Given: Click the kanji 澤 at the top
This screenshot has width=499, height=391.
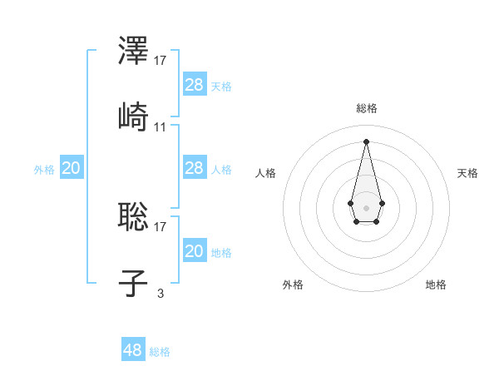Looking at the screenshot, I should point(133,52).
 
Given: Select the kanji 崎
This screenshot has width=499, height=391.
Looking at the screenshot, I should point(133,116).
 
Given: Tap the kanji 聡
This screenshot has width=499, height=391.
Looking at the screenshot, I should point(133,216).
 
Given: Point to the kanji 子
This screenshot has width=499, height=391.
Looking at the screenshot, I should point(133,283).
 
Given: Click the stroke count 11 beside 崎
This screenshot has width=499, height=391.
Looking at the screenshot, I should point(161,127).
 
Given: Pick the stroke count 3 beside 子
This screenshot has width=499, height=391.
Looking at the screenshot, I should point(161,293).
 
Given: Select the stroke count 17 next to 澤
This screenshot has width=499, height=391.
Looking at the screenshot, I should point(161,60).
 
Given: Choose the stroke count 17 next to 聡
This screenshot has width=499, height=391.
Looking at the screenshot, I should point(161,225).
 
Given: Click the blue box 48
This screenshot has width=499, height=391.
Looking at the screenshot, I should point(133,350).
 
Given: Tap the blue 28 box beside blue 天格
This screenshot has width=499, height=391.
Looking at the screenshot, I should point(195,84).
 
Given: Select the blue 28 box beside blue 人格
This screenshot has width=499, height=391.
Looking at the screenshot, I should point(195,168).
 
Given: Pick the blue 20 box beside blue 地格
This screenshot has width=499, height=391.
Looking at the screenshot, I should point(195,251).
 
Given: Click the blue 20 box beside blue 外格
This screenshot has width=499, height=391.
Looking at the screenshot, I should point(72,168).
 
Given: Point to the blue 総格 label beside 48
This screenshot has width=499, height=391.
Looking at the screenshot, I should point(160,352).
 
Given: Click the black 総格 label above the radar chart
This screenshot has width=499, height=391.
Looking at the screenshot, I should point(367,108).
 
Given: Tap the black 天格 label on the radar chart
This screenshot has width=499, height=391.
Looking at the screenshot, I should point(467,173).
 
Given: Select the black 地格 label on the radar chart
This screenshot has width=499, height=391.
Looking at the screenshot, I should point(436,285).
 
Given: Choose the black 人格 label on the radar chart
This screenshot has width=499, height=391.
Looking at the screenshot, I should point(266,173).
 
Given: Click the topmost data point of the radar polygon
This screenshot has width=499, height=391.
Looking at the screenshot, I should point(366,141).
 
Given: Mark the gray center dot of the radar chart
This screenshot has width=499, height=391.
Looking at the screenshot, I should point(366,206).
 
